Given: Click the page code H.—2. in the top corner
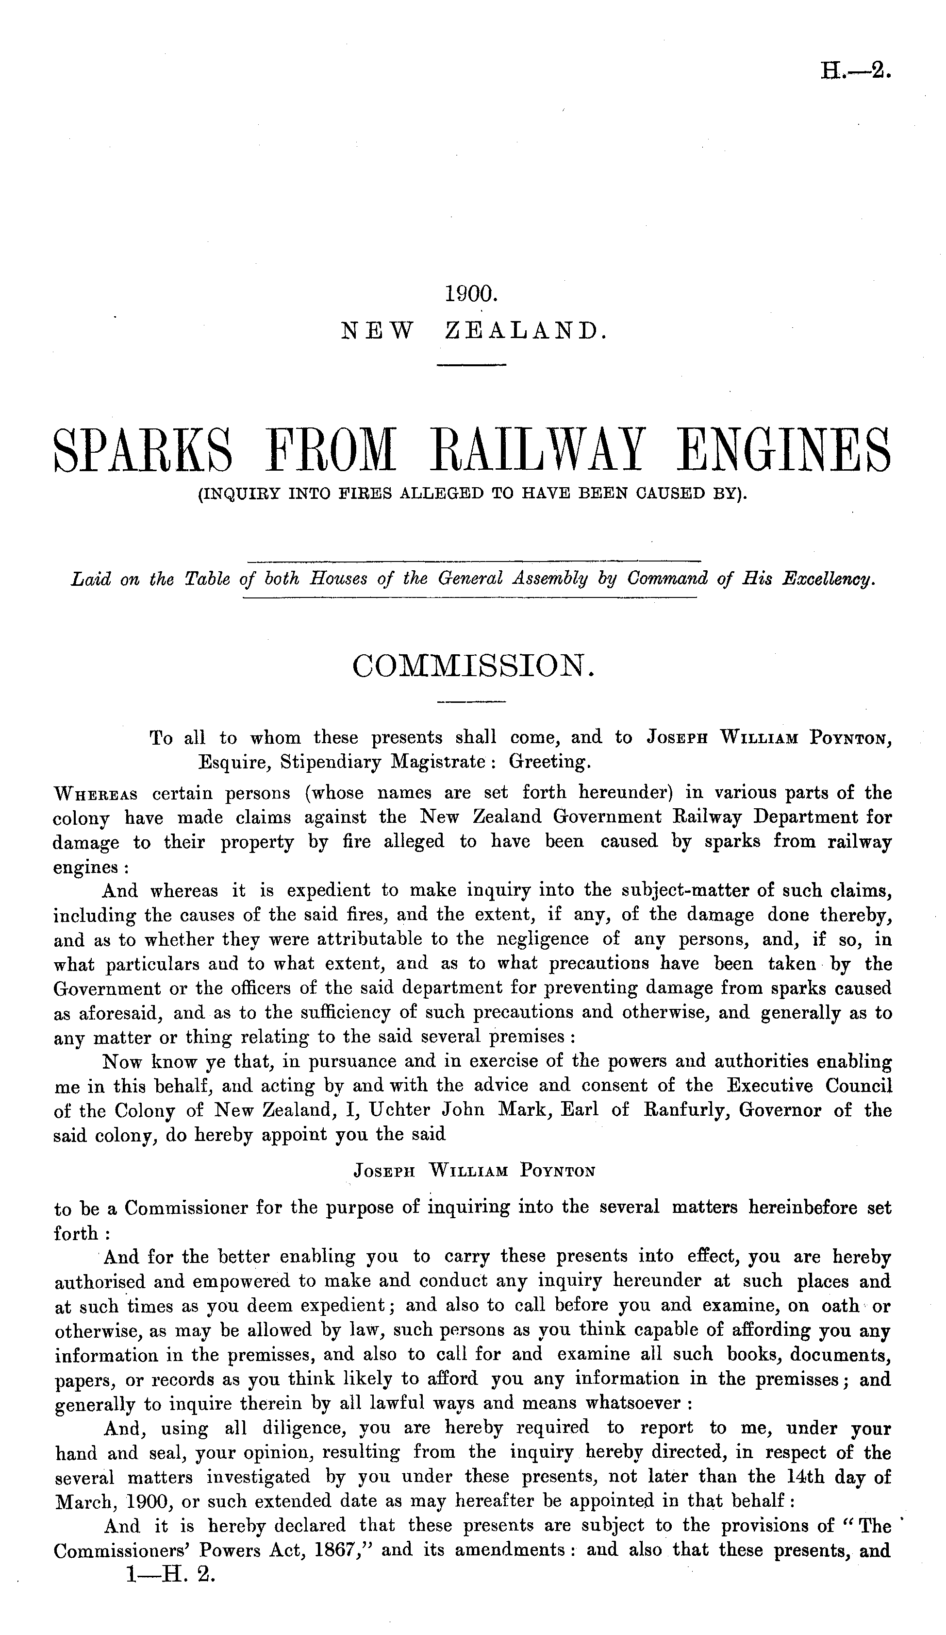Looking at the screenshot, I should [x=855, y=69].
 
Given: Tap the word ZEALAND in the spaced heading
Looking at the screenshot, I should [x=526, y=332].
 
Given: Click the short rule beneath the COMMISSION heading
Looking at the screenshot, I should [x=471, y=702].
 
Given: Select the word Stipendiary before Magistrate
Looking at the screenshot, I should [x=331, y=761].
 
